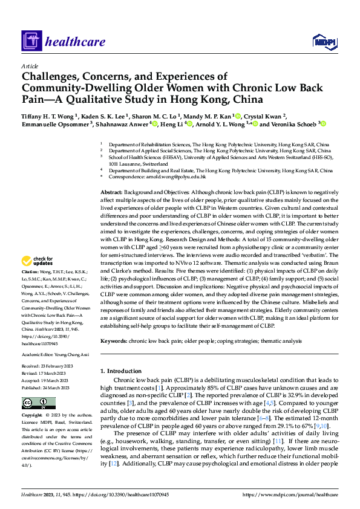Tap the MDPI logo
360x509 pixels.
pyautogui.click(x=323, y=41)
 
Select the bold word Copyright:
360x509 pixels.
pyautogui.click(x=34, y=415)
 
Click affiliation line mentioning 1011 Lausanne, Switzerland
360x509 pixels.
pyautogui.click(x=142, y=164)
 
